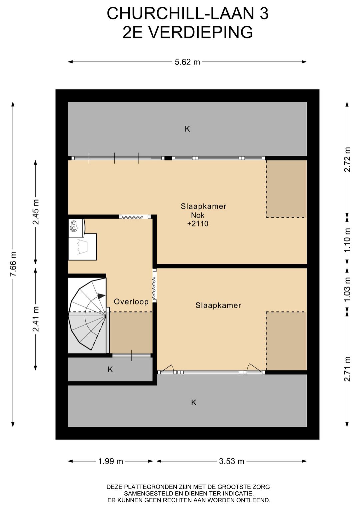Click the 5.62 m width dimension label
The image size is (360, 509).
click(187, 62)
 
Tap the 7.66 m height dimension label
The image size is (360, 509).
click(13, 264)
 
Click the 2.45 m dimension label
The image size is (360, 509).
click(36, 212)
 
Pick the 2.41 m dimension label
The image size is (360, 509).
click(36, 319)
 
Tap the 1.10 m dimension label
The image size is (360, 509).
click(348, 240)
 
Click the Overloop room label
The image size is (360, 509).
click(131, 302)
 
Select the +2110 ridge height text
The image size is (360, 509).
click(198, 224)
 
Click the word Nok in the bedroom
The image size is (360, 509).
click(198, 215)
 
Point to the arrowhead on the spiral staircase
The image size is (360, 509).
click(101, 296)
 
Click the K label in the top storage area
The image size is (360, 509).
click(187, 129)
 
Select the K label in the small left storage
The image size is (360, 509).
click(110, 369)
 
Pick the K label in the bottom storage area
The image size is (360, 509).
click(194, 402)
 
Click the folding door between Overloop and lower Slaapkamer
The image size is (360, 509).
click(154, 286)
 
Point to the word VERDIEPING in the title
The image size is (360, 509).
click(201, 32)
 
